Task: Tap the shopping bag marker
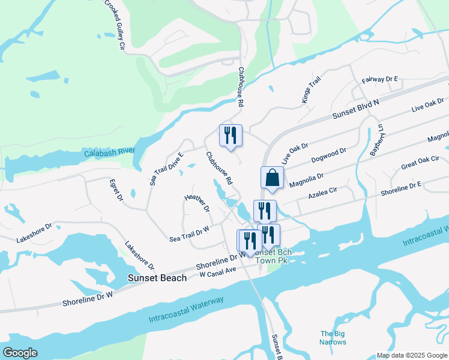click(272, 178)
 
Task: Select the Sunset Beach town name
click(157, 278)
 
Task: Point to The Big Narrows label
click(333, 338)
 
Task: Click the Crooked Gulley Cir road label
click(115, 24)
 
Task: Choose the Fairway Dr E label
click(380, 79)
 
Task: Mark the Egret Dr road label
click(116, 189)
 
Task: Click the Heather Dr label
click(197, 203)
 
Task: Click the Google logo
click(20, 353)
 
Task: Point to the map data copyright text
click(411, 355)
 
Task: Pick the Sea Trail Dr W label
click(189, 233)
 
